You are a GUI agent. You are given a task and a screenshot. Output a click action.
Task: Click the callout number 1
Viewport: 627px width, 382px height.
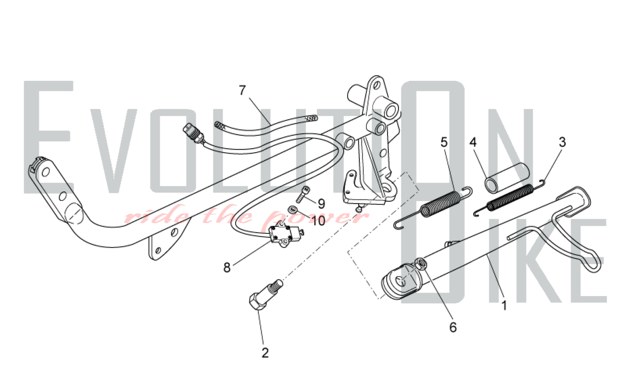(504, 305)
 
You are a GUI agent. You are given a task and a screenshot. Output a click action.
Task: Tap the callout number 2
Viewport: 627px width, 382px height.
(265, 353)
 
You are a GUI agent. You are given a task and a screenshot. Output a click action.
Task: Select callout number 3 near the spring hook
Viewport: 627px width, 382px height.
(562, 142)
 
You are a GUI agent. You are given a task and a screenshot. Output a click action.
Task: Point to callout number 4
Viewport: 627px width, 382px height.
(473, 142)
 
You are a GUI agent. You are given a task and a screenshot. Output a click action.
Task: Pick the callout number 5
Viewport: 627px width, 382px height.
(444, 142)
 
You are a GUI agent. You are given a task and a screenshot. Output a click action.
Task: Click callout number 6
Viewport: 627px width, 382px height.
(453, 327)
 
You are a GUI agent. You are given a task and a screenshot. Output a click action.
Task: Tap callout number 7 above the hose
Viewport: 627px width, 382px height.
(242, 90)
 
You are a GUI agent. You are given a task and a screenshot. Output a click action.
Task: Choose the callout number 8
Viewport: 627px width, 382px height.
(227, 267)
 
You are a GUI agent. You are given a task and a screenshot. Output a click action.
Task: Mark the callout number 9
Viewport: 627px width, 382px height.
(321, 204)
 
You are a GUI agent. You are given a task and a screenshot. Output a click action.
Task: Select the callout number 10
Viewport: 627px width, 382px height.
(319, 221)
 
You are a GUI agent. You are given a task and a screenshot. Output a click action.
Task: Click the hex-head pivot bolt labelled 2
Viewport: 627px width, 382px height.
(265, 295)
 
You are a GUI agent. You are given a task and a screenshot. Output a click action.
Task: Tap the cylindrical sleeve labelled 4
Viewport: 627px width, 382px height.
(508, 181)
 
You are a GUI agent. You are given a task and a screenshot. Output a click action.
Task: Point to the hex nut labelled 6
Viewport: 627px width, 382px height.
(420, 264)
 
